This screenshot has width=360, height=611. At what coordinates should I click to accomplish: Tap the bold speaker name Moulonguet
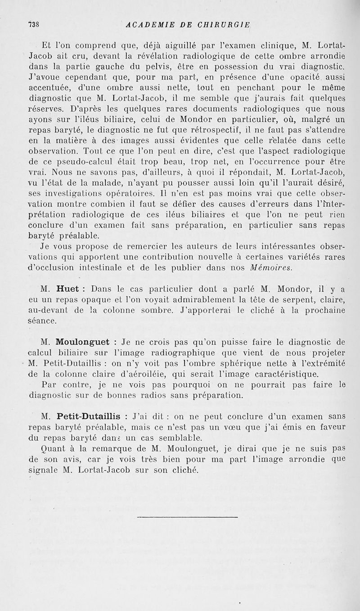click(85, 342)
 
